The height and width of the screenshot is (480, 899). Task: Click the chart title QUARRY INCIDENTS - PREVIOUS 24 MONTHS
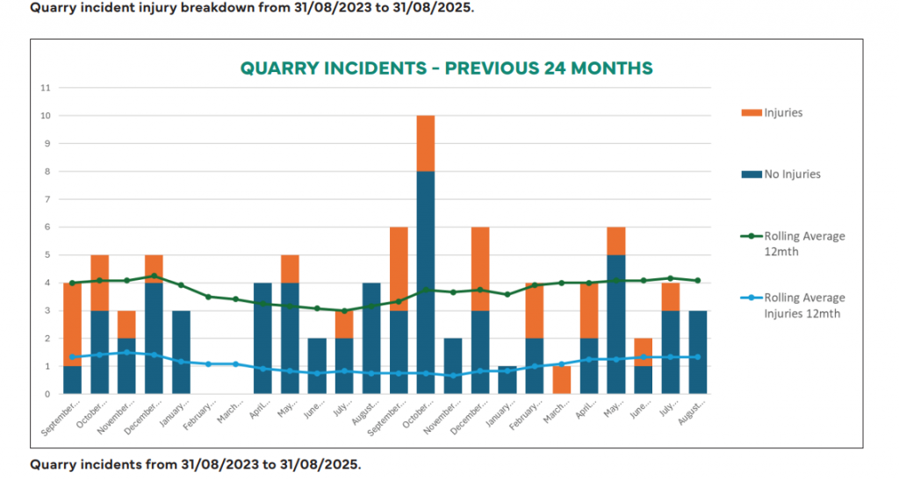click(447, 68)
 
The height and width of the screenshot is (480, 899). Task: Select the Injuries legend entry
click(783, 112)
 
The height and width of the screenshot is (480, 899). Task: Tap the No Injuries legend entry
click(791, 174)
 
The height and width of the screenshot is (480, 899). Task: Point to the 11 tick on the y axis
click(47, 88)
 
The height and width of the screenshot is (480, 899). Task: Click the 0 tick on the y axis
click(48, 394)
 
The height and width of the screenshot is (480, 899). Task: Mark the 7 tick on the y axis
click(48, 199)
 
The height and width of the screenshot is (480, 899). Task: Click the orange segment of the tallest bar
click(426, 143)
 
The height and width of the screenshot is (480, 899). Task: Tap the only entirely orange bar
click(561, 380)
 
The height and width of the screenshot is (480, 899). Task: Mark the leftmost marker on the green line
click(72, 283)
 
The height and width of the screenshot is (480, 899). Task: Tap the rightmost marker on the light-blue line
click(697, 357)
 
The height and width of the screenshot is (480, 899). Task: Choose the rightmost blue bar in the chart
click(697, 352)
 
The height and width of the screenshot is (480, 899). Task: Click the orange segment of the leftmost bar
click(72, 324)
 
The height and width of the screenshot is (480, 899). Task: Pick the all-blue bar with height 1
click(507, 380)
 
